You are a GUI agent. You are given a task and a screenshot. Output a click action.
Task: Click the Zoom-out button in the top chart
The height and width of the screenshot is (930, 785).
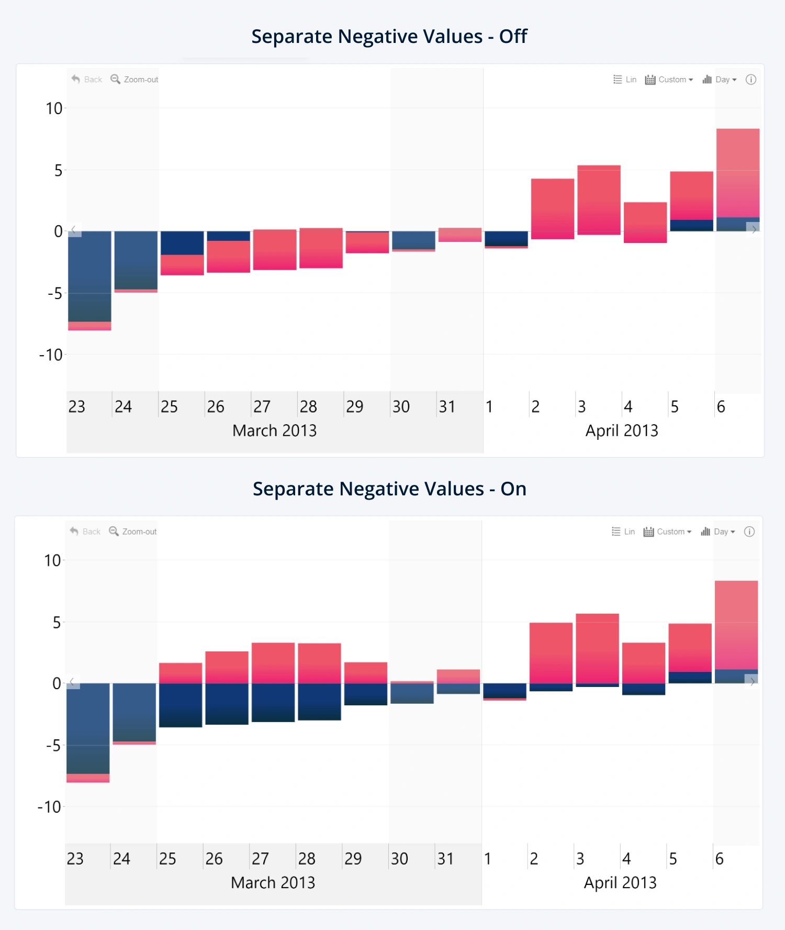[134, 80]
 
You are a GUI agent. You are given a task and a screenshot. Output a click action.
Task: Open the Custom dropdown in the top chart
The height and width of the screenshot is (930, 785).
[669, 80]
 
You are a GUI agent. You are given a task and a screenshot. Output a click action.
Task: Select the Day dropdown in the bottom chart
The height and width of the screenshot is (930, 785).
[719, 532]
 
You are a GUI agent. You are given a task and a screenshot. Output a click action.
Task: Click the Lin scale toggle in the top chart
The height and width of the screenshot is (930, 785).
[625, 80]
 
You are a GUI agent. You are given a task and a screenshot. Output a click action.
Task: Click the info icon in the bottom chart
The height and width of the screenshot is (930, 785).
[749, 532]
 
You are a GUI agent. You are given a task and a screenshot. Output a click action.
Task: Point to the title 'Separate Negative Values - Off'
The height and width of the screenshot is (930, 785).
[389, 37]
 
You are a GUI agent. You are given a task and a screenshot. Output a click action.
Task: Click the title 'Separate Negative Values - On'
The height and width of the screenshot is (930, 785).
[389, 489]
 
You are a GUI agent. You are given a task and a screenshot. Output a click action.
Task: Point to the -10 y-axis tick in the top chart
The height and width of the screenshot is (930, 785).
[51, 355]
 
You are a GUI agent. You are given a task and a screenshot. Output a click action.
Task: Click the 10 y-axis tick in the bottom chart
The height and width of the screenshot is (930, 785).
[52, 561]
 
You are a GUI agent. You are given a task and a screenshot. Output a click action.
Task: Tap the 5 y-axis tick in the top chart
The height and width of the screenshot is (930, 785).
[58, 170]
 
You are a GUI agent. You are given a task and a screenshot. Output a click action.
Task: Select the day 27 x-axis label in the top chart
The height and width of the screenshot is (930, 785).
[262, 407]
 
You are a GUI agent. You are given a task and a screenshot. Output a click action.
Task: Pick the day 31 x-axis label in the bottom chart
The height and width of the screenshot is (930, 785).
[445, 859]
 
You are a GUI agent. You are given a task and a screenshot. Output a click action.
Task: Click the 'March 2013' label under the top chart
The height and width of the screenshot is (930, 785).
[274, 430]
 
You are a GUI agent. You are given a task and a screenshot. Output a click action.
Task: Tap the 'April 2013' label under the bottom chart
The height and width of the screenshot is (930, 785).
[620, 882]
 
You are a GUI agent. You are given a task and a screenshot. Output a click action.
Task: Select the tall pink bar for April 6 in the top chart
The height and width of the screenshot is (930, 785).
[738, 173]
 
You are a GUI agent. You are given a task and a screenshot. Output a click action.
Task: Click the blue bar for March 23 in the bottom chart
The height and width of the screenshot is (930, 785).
[88, 728]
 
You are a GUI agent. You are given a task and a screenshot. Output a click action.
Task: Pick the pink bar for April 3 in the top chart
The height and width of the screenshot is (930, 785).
[599, 199]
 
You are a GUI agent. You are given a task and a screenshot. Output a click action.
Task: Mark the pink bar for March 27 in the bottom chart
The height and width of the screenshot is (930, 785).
[273, 662]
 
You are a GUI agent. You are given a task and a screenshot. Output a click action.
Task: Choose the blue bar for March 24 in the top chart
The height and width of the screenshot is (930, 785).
[136, 260]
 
